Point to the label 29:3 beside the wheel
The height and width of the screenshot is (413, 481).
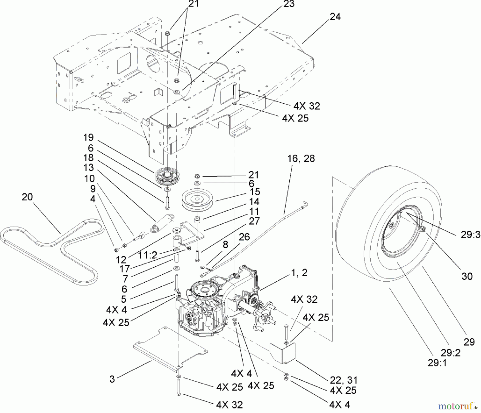(470, 235)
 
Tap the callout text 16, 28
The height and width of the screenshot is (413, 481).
(301, 158)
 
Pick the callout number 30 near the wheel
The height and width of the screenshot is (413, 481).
(467, 276)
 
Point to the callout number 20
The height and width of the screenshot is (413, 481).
(27, 197)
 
